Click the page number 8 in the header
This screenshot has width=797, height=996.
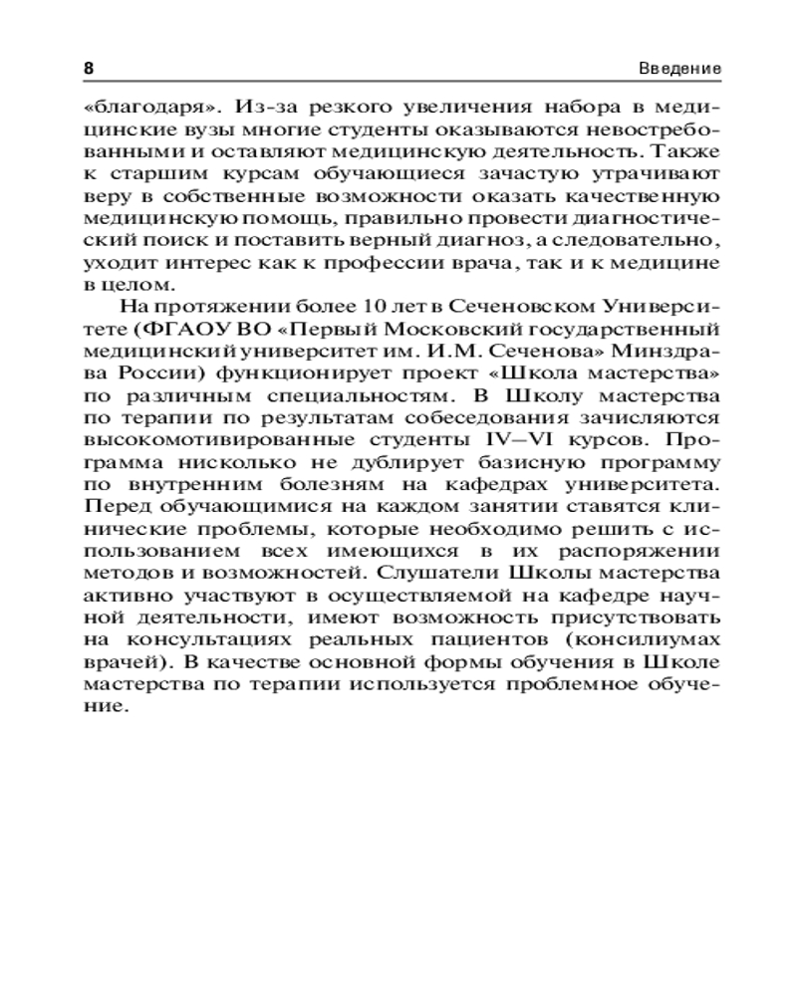pyautogui.click(x=88, y=69)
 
